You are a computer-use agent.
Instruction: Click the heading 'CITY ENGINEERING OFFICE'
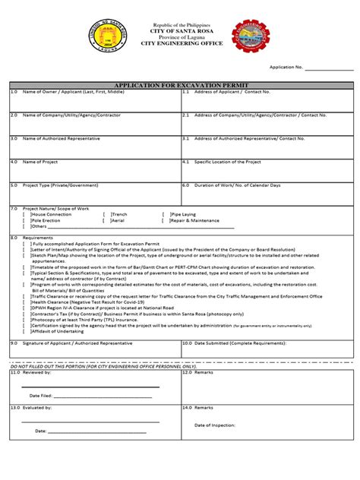180,44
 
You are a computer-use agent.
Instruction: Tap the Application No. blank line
329,69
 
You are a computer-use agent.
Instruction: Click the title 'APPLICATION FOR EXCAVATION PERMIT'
179,85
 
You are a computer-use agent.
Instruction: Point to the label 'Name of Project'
43,162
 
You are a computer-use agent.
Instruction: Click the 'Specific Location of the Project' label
227,162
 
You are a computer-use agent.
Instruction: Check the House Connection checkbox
25,215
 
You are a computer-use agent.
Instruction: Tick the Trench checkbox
106,215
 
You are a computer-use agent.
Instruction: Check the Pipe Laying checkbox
165,215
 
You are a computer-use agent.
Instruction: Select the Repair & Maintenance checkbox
165,220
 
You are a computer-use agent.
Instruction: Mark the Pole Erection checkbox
25,220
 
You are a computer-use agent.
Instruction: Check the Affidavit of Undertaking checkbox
25,332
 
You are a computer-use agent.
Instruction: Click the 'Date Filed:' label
40,396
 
